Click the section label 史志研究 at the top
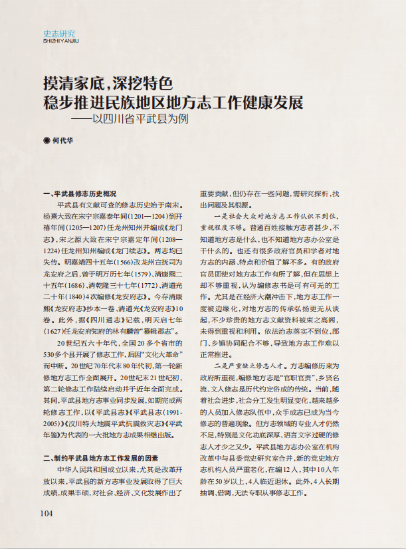pyautogui.click(x=59, y=33)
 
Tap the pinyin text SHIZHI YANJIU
pyautogui.click(x=60, y=41)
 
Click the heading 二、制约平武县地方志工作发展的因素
pyautogui.click(x=100, y=458)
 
